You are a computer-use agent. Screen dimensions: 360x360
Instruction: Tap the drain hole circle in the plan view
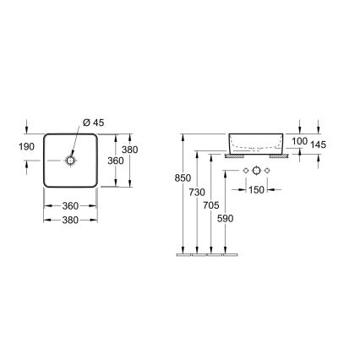[71, 160]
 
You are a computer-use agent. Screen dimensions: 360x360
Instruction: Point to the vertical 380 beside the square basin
[129, 149]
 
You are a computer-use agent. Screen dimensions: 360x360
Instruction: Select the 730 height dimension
[196, 194]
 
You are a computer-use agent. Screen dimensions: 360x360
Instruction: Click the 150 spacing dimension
[256, 188]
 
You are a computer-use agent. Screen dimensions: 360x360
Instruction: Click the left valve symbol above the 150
[245, 172]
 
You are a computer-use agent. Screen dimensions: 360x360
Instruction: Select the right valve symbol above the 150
[268, 172]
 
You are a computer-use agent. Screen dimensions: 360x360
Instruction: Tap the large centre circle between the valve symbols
[256, 172]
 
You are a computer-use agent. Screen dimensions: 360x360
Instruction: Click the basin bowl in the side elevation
[256, 141]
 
